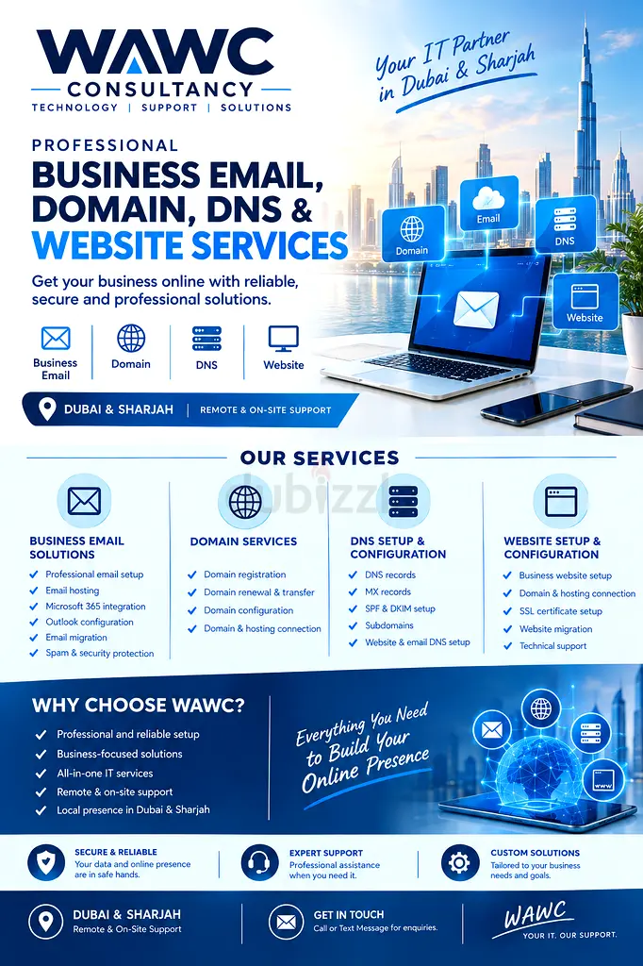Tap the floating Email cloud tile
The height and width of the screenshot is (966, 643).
click(x=488, y=204)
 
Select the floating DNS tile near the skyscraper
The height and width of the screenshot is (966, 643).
click(x=565, y=225)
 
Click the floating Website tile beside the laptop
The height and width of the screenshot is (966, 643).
click(x=585, y=301)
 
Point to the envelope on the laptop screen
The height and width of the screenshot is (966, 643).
click(x=476, y=309)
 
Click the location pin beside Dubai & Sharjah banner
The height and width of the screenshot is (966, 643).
click(x=47, y=409)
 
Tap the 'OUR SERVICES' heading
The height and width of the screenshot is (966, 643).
click(x=320, y=458)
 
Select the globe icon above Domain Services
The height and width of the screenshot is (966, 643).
click(x=245, y=502)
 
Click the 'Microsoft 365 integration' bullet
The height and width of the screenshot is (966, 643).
click(x=95, y=607)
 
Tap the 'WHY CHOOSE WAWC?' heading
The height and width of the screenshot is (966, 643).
click(x=139, y=706)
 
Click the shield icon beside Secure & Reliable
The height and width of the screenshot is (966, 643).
click(x=46, y=862)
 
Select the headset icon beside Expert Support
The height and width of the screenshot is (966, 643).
click(x=259, y=862)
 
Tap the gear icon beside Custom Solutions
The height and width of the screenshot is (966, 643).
click(x=459, y=862)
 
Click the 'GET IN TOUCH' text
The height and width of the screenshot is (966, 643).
click(x=349, y=915)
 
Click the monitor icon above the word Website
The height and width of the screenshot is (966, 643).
click(x=284, y=339)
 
